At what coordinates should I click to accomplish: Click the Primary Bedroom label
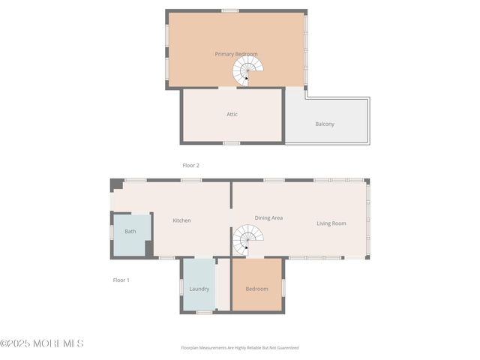(x=236, y=54)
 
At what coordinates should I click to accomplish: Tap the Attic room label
(x=232, y=115)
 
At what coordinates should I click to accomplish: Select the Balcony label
(x=325, y=124)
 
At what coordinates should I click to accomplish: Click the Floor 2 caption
(x=191, y=165)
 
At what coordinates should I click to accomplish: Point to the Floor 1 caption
(x=121, y=280)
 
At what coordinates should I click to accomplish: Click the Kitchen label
(x=181, y=220)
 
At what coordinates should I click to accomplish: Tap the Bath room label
(x=130, y=232)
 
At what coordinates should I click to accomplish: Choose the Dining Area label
(x=268, y=217)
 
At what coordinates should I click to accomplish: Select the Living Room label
(x=331, y=223)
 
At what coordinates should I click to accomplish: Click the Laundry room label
(x=199, y=289)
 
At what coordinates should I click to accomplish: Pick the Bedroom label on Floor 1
(x=256, y=289)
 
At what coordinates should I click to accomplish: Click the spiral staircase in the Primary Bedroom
(x=247, y=72)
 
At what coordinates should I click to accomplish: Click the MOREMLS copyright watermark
(x=42, y=343)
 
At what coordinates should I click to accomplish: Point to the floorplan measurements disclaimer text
(x=239, y=348)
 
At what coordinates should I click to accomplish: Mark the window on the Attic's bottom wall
(x=232, y=142)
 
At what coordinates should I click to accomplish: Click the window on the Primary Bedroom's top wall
(x=230, y=10)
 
